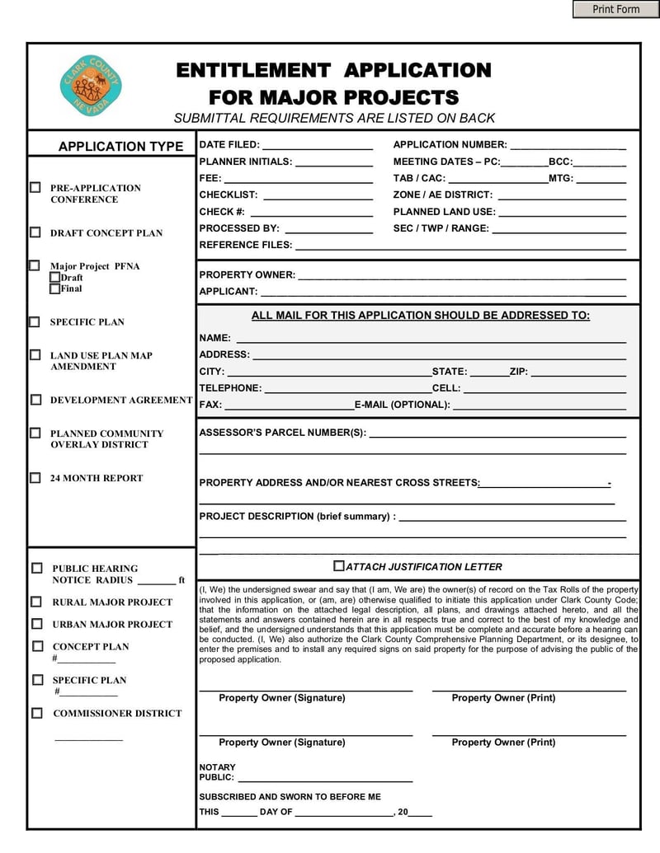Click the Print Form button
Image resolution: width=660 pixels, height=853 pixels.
[x=615, y=9]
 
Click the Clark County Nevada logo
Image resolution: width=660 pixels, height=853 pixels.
[x=91, y=86]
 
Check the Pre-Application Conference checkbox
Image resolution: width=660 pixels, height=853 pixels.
[x=35, y=188]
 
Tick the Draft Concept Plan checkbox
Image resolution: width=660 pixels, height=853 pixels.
[x=35, y=232]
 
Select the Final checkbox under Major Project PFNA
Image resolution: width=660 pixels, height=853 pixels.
[x=54, y=288]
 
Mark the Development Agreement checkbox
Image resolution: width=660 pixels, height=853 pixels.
[x=35, y=400]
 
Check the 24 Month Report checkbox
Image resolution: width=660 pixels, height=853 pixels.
[x=35, y=477]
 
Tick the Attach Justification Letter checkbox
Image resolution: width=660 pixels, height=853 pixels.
[x=338, y=566]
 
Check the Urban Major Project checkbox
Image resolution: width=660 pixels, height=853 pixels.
[x=37, y=624]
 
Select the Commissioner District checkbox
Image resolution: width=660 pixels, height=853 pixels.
[x=37, y=713]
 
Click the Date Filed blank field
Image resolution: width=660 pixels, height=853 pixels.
[x=317, y=144]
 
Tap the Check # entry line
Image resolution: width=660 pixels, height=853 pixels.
[x=310, y=212]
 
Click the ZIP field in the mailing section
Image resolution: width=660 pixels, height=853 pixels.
[x=577, y=371]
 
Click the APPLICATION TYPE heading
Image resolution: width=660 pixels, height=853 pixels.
[x=120, y=147]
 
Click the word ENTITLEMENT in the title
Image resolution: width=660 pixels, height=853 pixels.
[x=252, y=71]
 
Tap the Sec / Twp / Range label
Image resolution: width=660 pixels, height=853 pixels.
[x=441, y=228]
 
